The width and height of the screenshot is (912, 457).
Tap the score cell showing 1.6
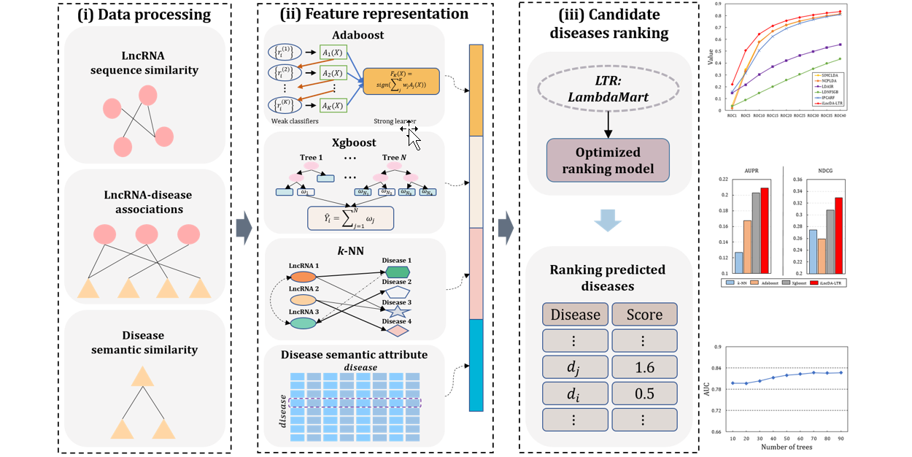tap(644, 367)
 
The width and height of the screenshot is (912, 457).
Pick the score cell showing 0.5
tap(644, 393)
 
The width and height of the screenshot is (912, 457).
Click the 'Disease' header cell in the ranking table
tap(576, 315)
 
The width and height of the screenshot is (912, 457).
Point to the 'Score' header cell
tap(644, 315)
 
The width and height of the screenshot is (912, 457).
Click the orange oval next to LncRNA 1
tap(303, 277)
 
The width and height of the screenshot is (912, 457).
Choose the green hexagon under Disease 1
tap(397, 272)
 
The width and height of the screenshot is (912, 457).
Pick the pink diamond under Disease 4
tap(397, 331)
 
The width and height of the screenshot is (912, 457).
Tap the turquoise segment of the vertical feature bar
tap(475, 365)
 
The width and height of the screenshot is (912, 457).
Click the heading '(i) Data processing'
tap(145, 14)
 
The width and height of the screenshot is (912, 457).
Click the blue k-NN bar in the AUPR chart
tap(739, 263)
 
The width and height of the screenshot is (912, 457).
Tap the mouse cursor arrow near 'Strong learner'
tap(414, 137)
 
